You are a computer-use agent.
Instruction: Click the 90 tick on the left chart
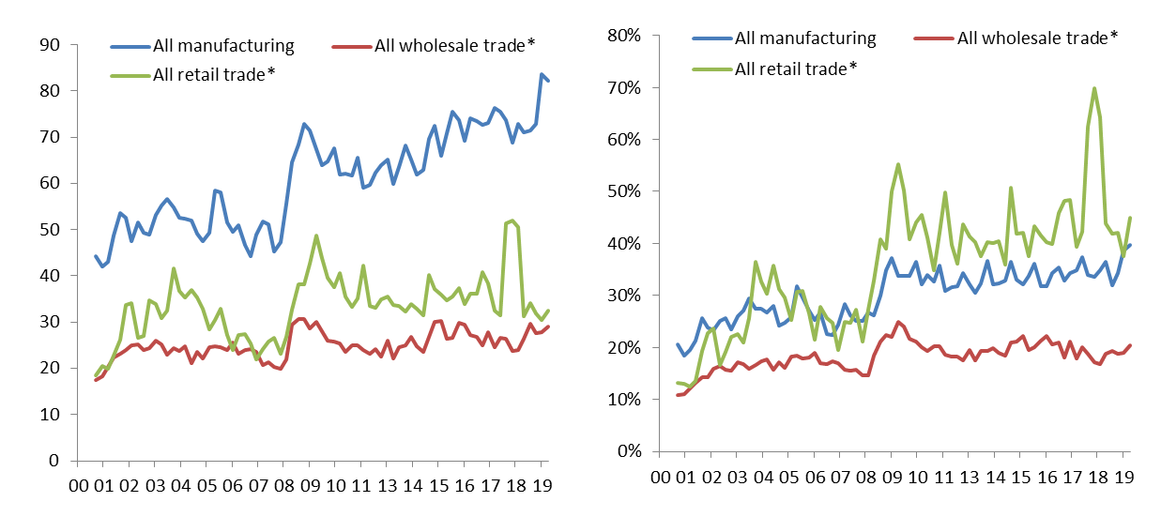point(47,44)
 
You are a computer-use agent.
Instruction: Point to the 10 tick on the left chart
point(47,414)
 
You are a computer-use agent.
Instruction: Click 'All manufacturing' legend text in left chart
point(223,45)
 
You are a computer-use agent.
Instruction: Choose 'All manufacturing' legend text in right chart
point(805,38)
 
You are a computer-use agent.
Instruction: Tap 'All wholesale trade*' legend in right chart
point(1037,38)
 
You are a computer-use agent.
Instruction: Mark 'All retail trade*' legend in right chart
point(797,68)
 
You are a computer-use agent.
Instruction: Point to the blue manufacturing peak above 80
point(542,74)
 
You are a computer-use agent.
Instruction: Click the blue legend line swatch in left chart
point(129,45)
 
